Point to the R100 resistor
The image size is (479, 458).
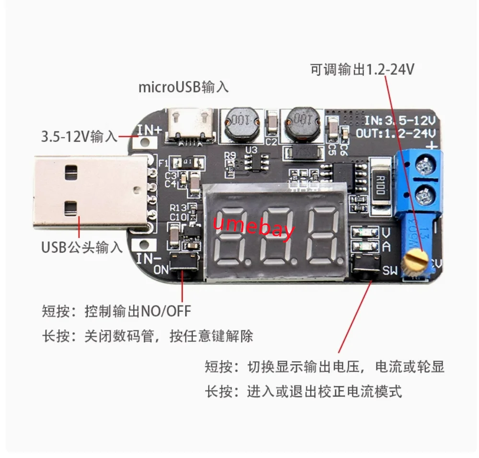pos(382,185)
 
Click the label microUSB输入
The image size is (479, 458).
pos(183,87)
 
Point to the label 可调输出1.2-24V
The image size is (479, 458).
pos(362,70)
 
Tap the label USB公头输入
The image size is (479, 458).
pos(82,248)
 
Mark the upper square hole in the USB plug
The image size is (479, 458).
pos(71,171)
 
